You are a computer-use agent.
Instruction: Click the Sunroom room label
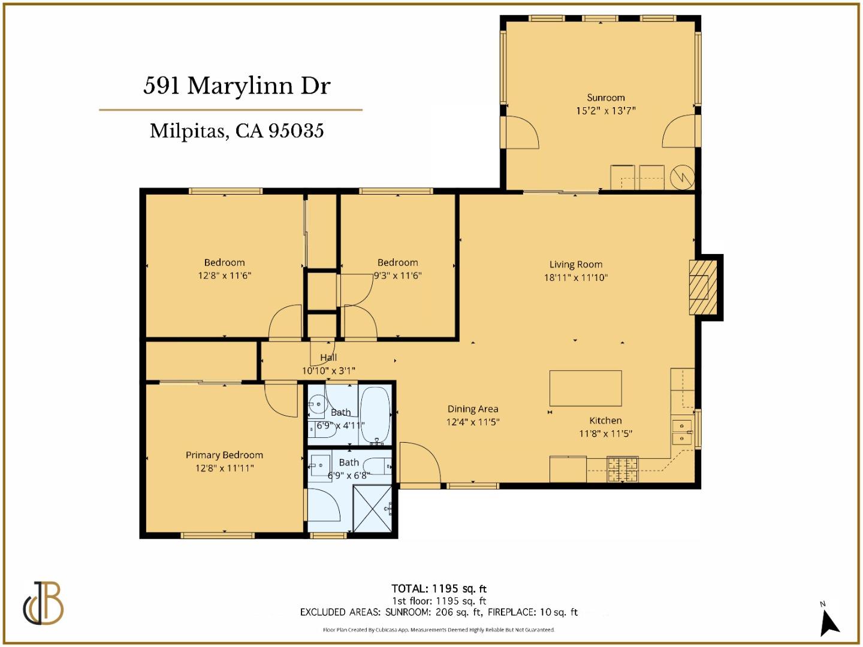(605, 98)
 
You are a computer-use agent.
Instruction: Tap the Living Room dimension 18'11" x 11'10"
(575, 277)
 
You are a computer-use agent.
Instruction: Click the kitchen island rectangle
(586, 388)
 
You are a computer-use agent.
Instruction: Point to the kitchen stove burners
(623, 469)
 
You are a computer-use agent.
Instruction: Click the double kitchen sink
(681, 432)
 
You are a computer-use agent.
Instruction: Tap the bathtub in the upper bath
(375, 415)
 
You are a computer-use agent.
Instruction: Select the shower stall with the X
(373, 509)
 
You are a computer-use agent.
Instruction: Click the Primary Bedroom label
(224, 455)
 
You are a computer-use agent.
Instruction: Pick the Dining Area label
(472, 409)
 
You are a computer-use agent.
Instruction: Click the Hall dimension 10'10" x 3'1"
(328, 371)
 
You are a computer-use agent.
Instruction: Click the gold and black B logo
(44, 603)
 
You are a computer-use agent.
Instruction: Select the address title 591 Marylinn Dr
(237, 86)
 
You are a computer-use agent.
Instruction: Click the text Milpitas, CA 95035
(237, 131)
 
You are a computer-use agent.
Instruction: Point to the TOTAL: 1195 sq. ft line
(439, 589)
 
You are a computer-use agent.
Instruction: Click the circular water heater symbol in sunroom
(681, 177)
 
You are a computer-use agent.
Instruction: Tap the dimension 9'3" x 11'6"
(398, 276)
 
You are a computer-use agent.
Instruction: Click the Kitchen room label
(605, 421)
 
